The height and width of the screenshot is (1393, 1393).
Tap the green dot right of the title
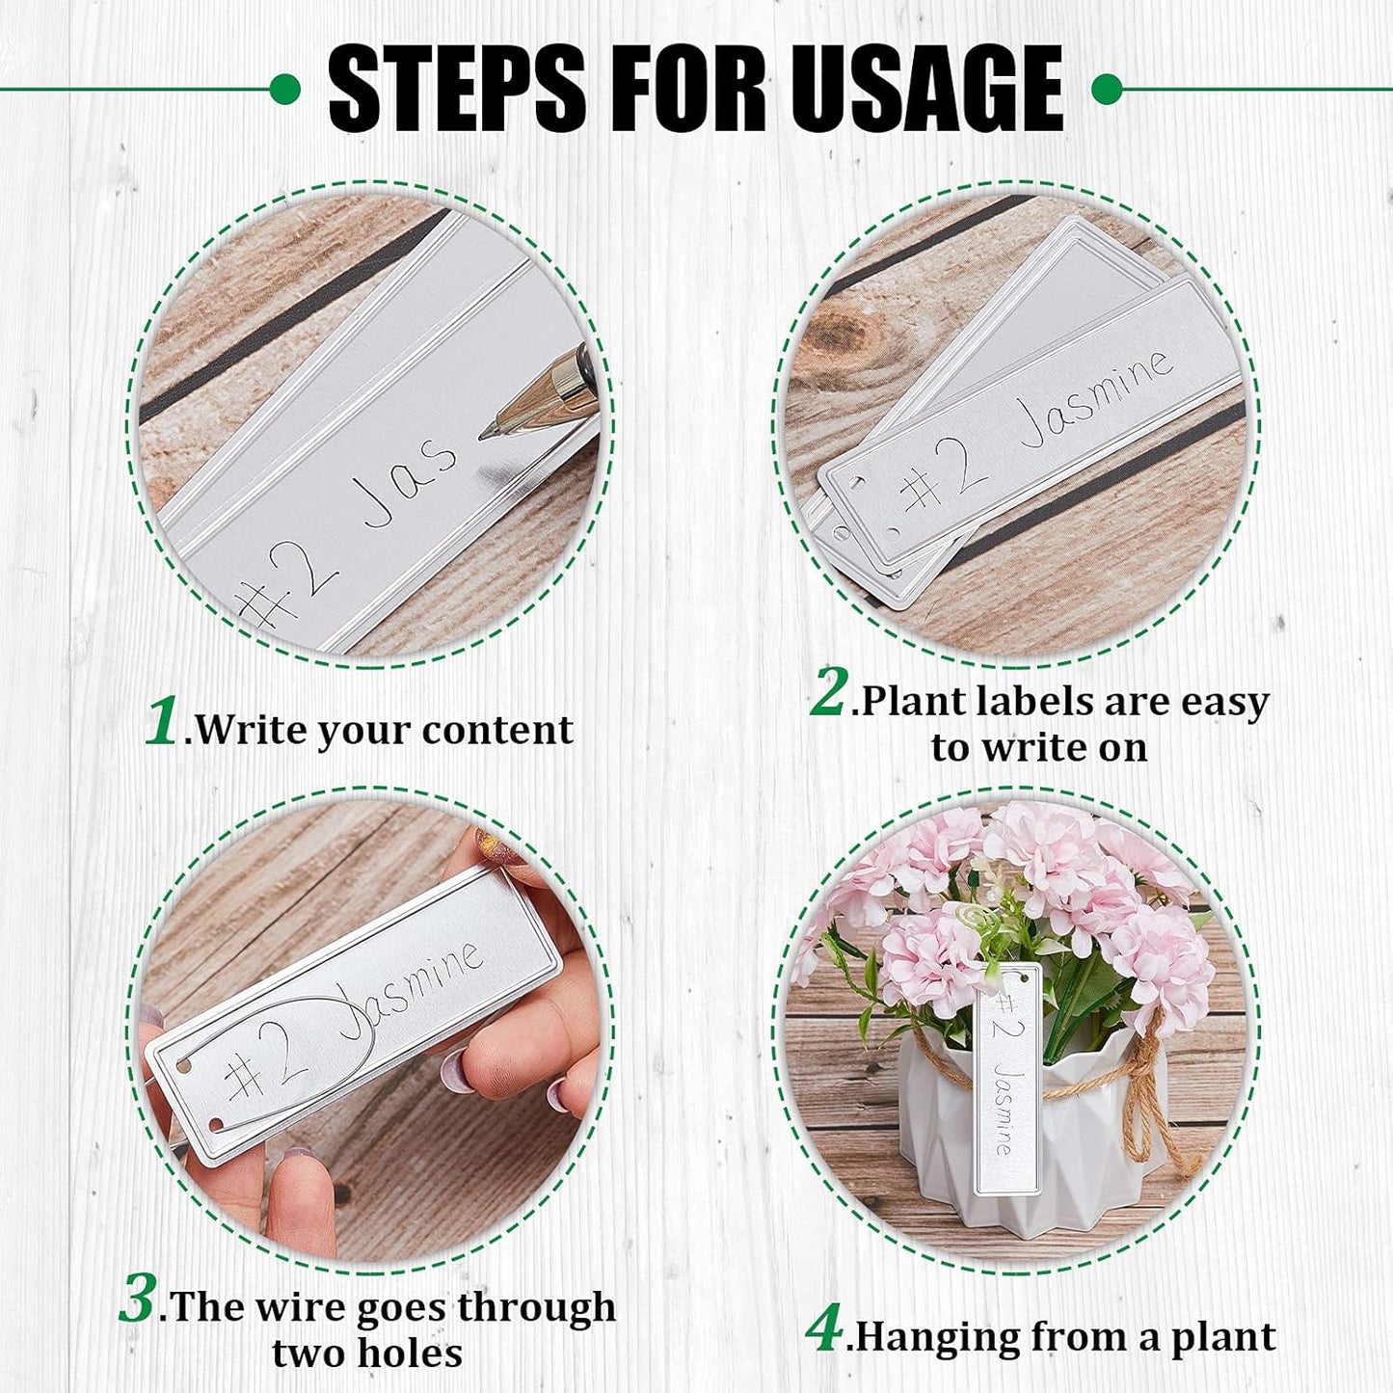(1107, 90)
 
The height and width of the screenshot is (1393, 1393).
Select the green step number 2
(829, 691)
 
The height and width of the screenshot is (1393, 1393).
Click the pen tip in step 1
(488, 432)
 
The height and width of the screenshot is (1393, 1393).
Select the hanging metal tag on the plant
(1006, 1080)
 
